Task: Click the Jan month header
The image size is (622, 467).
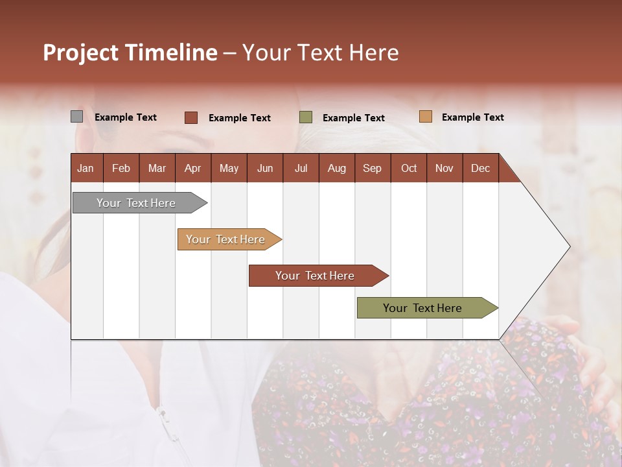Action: [86, 168]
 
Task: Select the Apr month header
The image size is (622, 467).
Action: [193, 168]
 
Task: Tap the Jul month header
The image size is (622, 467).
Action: [301, 168]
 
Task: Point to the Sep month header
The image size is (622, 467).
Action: [373, 168]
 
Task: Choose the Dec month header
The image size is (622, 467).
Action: [480, 168]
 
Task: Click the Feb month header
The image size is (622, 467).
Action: [121, 168]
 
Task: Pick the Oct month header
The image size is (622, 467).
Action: [409, 168]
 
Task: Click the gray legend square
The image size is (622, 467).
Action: [76, 117]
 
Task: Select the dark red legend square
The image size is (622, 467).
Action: [190, 117]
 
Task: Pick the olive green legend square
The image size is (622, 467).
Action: [306, 117]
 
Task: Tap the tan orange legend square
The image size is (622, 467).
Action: [425, 117]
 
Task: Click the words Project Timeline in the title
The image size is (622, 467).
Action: [130, 53]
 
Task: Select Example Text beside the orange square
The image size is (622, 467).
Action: [472, 117]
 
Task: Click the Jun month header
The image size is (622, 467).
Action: [265, 168]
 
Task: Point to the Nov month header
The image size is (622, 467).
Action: [444, 168]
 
